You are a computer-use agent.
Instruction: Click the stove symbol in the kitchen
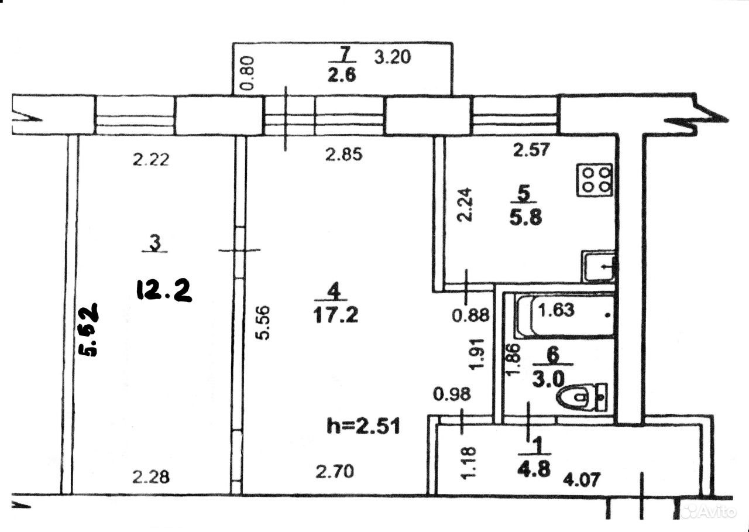tap(594, 180)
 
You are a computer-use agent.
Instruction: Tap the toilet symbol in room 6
tap(582, 397)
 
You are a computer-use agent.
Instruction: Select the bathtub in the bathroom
tap(565, 315)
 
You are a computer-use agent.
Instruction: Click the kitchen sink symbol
tap(600, 266)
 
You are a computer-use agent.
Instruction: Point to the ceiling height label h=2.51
tap(363, 427)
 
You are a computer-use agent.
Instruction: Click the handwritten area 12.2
tap(164, 290)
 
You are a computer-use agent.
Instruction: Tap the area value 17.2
tap(335, 315)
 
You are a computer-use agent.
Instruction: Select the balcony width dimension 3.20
tap(392, 57)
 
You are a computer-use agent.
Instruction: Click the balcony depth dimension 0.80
tap(248, 73)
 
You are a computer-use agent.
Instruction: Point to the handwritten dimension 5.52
tap(88, 330)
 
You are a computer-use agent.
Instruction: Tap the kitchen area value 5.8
tap(525, 218)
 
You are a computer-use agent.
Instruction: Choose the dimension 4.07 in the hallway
tap(582, 479)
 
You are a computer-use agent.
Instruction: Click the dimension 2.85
tap(344, 155)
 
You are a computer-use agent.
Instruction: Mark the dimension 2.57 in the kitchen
tap(532, 149)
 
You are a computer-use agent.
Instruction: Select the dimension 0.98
tap(452, 394)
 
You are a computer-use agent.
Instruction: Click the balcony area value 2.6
tap(342, 75)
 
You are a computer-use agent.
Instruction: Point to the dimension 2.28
tap(151, 477)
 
